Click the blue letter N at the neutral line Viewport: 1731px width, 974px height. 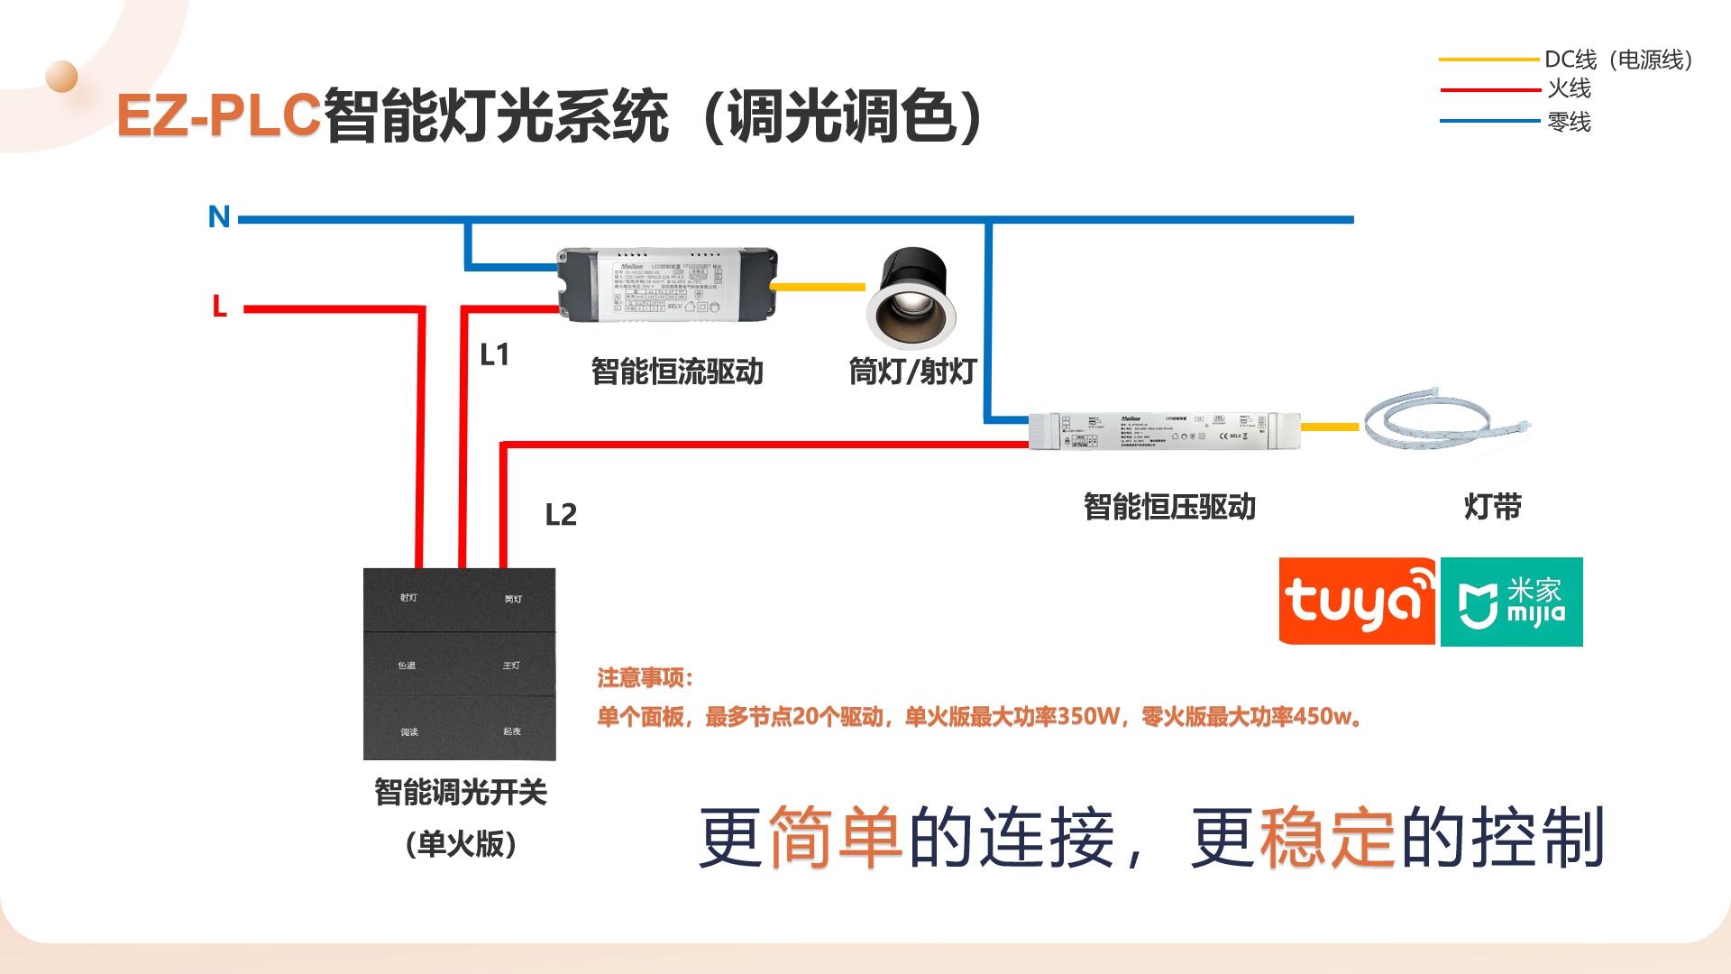[219, 216]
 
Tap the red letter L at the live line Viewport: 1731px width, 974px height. [219, 307]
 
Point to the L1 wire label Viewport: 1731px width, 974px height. [495, 354]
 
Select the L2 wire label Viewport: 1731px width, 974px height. [561, 515]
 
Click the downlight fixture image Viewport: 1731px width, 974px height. [911, 299]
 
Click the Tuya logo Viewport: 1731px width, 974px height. [1357, 602]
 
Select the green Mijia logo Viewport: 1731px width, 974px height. [1512, 602]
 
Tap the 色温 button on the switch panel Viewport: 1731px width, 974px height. [408, 666]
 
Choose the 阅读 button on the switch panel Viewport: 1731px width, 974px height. [409, 732]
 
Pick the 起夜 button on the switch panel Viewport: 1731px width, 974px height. [512, 731]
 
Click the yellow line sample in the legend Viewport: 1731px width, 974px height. [1488, 60]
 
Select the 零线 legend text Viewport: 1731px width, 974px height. [1570, 122]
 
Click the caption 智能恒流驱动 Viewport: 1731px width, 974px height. [677, 372]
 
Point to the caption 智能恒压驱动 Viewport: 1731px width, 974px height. [1169, 507]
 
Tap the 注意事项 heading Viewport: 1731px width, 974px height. [645, 678]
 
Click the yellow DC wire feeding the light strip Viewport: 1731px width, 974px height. [1330, 427]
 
